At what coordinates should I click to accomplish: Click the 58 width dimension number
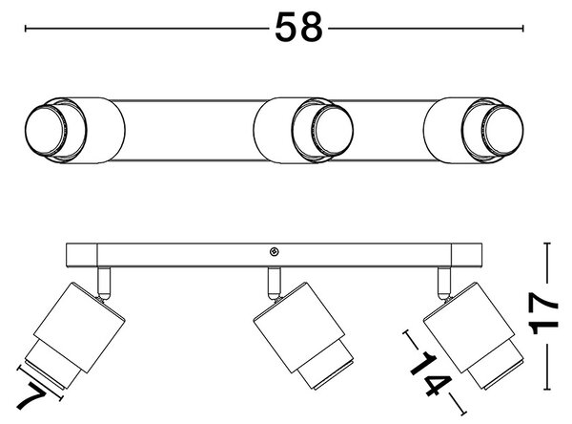(x=298, y=27)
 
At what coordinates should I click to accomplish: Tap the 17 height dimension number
(x=544, y=313)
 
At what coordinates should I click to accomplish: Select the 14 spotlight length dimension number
(x=432, y=373)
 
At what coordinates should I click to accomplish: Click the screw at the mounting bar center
(x=274, y=251)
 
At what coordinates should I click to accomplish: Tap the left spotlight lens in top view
(x=45, y=130)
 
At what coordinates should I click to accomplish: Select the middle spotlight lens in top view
(x=334, y=130)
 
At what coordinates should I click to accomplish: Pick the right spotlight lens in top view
(x=504, y=130)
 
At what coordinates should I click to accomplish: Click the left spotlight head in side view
(x=75, y=335)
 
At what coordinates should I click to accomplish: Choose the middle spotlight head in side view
(x=303, y=335)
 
